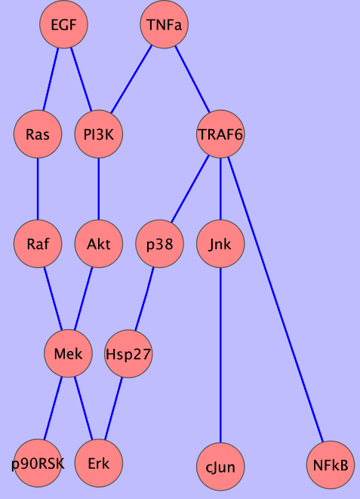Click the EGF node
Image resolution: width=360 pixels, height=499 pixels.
click(x=63, y=24)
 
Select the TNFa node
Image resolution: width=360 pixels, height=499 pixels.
click(x=164, y=24)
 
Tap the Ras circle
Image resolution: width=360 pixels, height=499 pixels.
click(x=38, y=134)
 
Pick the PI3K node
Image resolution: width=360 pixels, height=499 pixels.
click(x=99, y=134)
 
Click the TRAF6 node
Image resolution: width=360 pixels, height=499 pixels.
click(x=220, y=134)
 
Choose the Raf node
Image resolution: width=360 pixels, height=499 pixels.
click(x=38, y=244)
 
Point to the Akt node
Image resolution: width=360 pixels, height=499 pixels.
click(x=99, y=244)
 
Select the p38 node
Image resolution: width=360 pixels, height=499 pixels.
click(x=160, y=244)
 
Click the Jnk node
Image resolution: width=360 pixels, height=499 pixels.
click(x=220, y=244)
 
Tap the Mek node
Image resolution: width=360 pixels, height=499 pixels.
click(x=68, y=353)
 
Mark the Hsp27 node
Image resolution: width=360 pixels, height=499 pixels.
click(x=128, y=353)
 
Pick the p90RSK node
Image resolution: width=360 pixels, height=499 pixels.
click(x=38, y=463)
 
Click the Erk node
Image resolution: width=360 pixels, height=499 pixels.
click(x=99, y=463)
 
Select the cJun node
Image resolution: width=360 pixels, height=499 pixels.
click(x=220, y=467)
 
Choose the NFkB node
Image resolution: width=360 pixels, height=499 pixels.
click(x=331, y=465)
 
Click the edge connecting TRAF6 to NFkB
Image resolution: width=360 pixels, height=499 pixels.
click(x=275, y=300)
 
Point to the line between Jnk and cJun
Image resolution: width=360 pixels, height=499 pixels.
click(x=220, y=355)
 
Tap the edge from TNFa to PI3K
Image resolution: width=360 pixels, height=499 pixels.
click(x=131, y=79)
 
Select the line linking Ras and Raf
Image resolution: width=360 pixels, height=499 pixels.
click(x=38, y=189)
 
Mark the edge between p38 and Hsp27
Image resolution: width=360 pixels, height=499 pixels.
click(x=144, y=299)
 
